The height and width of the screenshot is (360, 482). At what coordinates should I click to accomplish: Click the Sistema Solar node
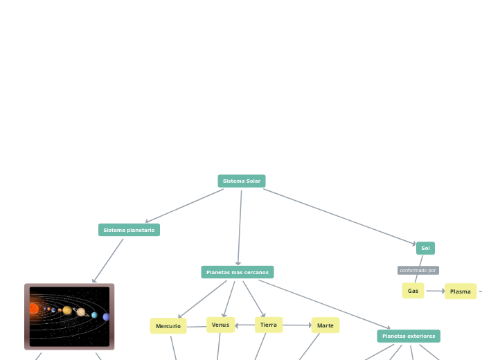242,181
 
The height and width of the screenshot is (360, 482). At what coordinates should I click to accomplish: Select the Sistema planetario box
129,230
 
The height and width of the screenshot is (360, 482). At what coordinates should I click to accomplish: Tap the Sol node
425,248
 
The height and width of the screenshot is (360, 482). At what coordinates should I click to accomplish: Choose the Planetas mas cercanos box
238,272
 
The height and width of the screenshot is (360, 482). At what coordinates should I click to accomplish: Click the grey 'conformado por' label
418,270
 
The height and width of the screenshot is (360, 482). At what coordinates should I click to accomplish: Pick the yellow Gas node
413,291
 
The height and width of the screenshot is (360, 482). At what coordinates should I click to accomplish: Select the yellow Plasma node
460,291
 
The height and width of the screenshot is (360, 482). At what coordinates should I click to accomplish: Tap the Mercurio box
168,326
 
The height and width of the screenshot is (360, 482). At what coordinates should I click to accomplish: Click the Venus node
220,325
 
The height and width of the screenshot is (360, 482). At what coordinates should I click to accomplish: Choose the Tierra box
269,325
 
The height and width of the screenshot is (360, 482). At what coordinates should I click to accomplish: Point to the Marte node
325,325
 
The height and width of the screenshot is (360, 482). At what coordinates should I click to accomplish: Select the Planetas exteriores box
409,336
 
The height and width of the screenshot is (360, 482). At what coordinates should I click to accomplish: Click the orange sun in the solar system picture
33,309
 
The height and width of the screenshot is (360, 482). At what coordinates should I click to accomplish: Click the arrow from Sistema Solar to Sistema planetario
184,206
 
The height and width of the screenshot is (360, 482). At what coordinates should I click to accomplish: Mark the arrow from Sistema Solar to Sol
339,217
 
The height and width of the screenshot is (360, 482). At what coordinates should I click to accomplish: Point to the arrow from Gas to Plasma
434,291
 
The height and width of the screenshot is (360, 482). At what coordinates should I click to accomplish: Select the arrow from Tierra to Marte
297,325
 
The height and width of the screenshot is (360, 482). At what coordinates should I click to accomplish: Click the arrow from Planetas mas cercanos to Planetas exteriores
324,304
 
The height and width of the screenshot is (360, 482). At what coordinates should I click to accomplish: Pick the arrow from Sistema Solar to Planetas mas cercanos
240,227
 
